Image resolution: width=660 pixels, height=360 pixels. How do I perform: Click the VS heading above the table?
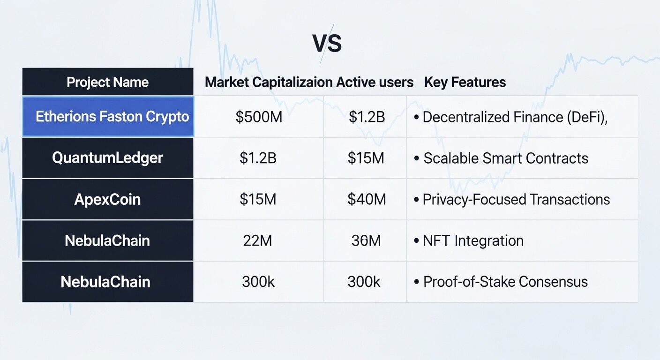pyautogui.click(x=327, y=44)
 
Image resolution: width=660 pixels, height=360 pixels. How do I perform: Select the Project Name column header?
pyautogui.click(x=107, y=82)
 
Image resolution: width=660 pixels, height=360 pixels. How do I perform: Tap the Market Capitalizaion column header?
pyautogui.click(x=269, y=82)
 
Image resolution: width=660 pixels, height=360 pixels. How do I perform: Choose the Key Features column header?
pyautogui.click(x=465, y=82)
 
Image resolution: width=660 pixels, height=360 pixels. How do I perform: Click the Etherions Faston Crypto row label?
pyautogui.click(x=112, y=117)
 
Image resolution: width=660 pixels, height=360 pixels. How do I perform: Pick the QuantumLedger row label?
pyautogui.click(x=107, y=158)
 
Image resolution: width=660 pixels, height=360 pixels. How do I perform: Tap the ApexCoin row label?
pyautogui.click(x=107, y=199)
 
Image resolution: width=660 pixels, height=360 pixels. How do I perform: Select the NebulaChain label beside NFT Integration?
pyautogui.click(x=107, y=240)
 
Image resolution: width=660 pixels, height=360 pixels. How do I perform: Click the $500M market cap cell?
pyautogui.click(x=259, y=117)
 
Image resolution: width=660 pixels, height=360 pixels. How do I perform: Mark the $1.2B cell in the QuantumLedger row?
pyautogui.click(x=258, y=158)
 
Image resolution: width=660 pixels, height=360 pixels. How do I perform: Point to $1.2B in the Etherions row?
pyautogui.click(x=367, y=117)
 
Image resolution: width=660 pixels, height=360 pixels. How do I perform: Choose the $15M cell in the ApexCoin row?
pyautogui.click(x=258, y=199)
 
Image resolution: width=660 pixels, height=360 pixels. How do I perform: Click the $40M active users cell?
pyautogui.click(x=367, y=199)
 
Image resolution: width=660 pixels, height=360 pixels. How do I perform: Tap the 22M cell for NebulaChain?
pyautogui.click(x=258, y=240)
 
